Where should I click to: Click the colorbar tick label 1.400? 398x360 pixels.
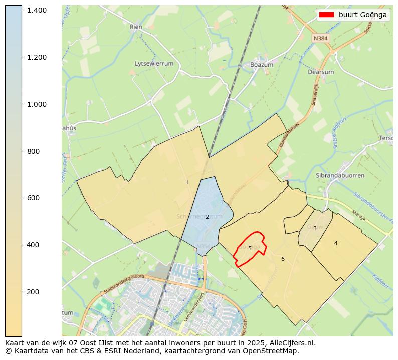37,10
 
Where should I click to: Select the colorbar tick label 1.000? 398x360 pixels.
37,104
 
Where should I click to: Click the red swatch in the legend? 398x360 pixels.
326,15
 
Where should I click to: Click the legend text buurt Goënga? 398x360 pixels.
362,15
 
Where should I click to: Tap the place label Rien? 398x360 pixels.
136,27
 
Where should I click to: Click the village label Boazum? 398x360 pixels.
262,65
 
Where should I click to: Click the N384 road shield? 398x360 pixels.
320,38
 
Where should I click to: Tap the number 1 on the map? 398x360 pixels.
187,183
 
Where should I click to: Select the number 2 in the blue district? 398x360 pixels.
207,217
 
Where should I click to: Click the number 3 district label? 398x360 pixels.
315,228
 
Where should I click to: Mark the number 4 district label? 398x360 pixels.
336,243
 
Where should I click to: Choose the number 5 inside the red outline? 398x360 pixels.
250,248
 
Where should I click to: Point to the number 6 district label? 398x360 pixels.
283,259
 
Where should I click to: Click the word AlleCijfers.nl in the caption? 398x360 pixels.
291,343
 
